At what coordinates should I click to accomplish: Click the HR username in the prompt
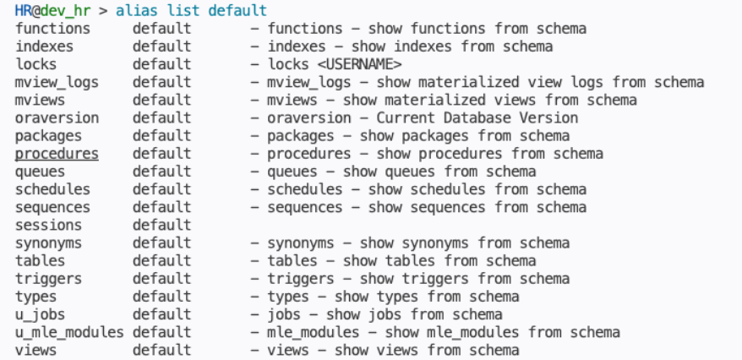tap(23, 10)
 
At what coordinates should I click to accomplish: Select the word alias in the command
tap(133, 10)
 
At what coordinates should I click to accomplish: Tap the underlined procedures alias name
tap(57, 154)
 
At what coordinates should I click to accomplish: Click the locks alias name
tap(36, 64)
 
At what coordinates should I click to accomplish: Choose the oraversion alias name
tap(57, 117)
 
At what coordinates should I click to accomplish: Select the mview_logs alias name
tap(57, 83)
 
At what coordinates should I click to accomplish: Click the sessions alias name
tap(48, 225)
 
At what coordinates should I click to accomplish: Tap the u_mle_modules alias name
tap(69, 333)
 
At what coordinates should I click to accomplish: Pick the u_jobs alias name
tap(41, 315)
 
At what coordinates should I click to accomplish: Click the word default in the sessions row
tap(162, 225)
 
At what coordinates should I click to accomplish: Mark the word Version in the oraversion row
tap(548, 117)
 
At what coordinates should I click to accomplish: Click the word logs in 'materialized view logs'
tap(587, 82)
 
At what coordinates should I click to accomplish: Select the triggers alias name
tap(48, 279)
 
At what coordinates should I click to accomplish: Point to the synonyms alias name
tap(48, 243)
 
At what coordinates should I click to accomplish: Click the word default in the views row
tap(162, 350)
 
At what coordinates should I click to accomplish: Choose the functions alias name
tap(52, 29)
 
